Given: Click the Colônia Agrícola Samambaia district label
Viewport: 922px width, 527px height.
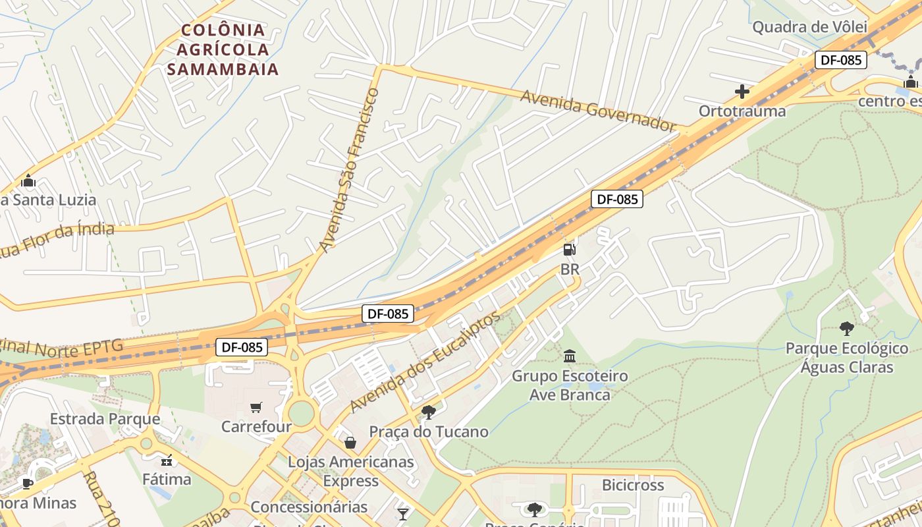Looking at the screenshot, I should tap(223, 49).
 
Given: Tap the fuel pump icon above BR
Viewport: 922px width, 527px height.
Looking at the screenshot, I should tap(570, 250).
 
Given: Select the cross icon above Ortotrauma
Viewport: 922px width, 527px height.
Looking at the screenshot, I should tap(742, 92).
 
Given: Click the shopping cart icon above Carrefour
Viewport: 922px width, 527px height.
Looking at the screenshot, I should tap(256, 408).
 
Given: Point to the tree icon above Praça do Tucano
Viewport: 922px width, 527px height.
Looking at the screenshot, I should tap(429, 412).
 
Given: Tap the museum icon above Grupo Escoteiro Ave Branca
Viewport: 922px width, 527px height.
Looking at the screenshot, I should tap(570, 356).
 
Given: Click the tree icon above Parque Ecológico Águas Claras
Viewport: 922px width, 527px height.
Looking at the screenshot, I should tap(847, 328).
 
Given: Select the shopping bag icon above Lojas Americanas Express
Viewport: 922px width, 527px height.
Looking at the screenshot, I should tap(350, 443).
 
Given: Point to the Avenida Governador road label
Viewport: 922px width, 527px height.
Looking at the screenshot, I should tap(598, 110).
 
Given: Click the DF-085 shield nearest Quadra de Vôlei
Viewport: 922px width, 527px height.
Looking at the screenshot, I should tap(840, 60).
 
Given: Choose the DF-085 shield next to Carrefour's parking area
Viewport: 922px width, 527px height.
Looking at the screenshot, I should tap(242, 347).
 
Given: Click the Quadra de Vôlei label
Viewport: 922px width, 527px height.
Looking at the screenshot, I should tap(809, 27).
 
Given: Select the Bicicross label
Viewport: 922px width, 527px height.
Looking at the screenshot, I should tap(633, 485).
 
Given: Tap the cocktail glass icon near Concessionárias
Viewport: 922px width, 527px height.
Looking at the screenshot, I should tap(403, 513).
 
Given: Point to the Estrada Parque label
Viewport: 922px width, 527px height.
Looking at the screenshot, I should tap(105, 419).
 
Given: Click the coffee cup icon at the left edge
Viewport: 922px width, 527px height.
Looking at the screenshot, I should tap(28, 484).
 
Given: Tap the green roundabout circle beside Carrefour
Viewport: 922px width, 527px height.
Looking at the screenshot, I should tap(301, 413).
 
